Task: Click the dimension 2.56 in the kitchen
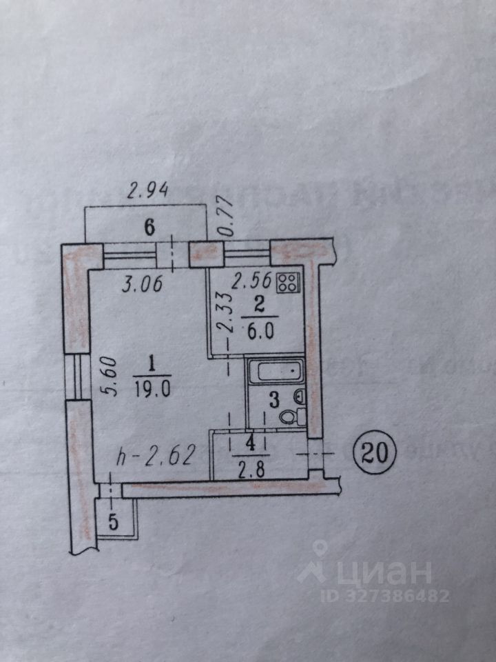[x=249, y=281]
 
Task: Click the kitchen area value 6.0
[x=261, y=330]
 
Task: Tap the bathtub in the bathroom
[x=275, y=373]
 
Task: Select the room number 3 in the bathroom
[x=273, y=399]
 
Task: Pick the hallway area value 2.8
[x=245, y=472]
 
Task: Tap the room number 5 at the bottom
[x=114, y=522]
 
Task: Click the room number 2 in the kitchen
[x=260, y=303]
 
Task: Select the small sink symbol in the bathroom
[x=299, y=397]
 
